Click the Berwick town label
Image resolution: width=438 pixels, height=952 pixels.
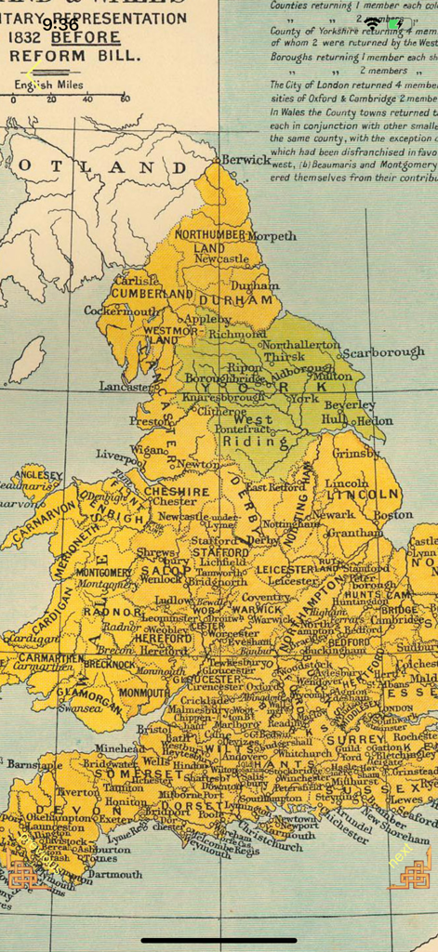pyautogui.click(x=246, y=160)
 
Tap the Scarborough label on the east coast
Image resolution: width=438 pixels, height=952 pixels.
pyautogui.click(x=382, y=353)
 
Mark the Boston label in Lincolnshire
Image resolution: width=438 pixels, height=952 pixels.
pyautogui.click(x=392, y=514)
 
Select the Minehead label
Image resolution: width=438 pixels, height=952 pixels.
pyautogui.click(x=119, y=747)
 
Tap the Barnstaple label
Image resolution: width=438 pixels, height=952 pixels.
pyautogui.click(x=28, y=764)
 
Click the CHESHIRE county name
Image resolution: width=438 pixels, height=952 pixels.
pyautogui.click(x=177, y=490)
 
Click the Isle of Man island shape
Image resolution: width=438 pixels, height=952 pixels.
pyautogui.click(x=25, y=361)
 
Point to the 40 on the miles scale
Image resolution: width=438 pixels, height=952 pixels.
pyautogui.click(x=87, y=98)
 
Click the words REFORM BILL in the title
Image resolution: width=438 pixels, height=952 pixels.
pyautogui.click(x=74, y=56)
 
